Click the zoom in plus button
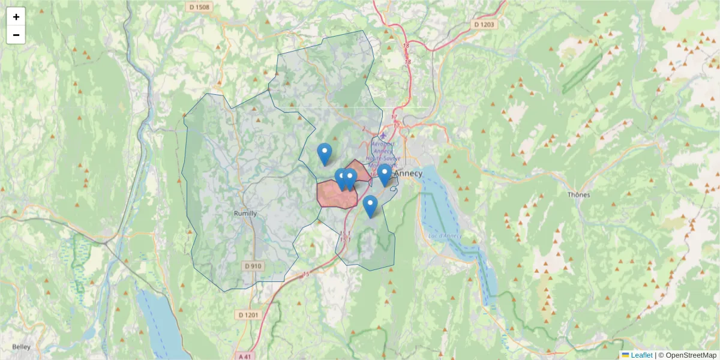[x=16, y=17]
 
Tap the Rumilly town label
[x=245, y=214]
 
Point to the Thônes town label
[x=578, y=194]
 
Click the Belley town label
[x=22, y=347]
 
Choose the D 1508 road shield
[x=198, y=7]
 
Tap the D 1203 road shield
[x=484, y=25]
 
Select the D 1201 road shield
[x=248, y=315]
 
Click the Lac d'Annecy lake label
[x=441, y=235]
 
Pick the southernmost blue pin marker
[x=370, y=206]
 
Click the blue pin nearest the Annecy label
[x=385, y=175]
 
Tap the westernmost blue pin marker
[x=325, y=154]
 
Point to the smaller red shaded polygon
[x=361, y=169]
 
